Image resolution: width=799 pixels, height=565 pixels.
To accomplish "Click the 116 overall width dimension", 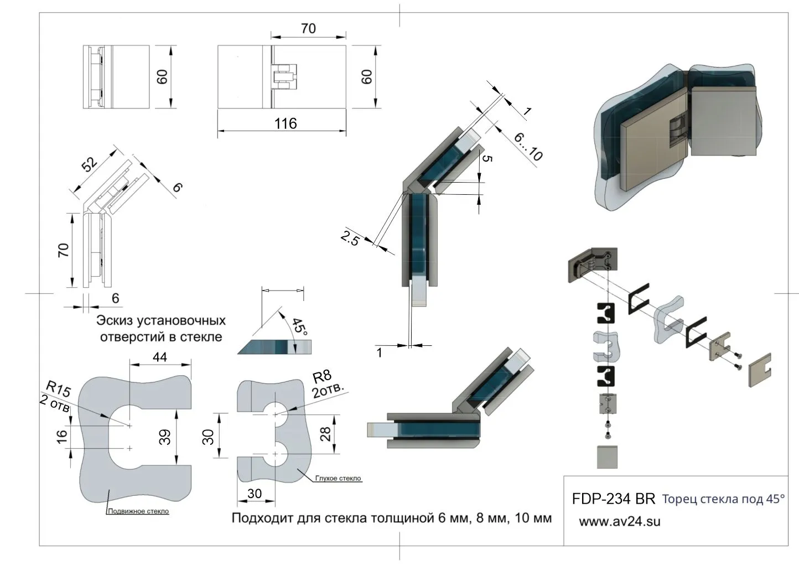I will coord(286,123).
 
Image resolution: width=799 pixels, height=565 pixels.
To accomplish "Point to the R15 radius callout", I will coord(58,389).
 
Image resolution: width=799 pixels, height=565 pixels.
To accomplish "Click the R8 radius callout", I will coord(321,378).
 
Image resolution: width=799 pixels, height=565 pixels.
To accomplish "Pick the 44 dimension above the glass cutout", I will coord(160,357).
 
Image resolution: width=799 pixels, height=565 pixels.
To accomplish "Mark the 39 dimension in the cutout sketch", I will coord(164,437).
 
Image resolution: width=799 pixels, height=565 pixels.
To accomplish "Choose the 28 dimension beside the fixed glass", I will coord(326,433).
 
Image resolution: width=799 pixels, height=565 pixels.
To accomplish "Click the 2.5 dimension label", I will coord(350,239).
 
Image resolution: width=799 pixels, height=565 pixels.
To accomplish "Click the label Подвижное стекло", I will coord(138,511).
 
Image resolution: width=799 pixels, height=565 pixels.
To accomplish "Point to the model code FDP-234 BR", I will coord(613,499).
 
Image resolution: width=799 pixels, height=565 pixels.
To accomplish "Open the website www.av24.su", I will coord(619,521).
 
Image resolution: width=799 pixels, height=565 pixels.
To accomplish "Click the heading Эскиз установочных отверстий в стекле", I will coord(161,329).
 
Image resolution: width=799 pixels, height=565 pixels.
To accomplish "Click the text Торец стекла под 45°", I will coord(723,499).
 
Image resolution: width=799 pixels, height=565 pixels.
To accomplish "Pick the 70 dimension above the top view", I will coord(308,28).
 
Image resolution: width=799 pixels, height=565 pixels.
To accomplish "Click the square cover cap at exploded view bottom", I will coord(607,456).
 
